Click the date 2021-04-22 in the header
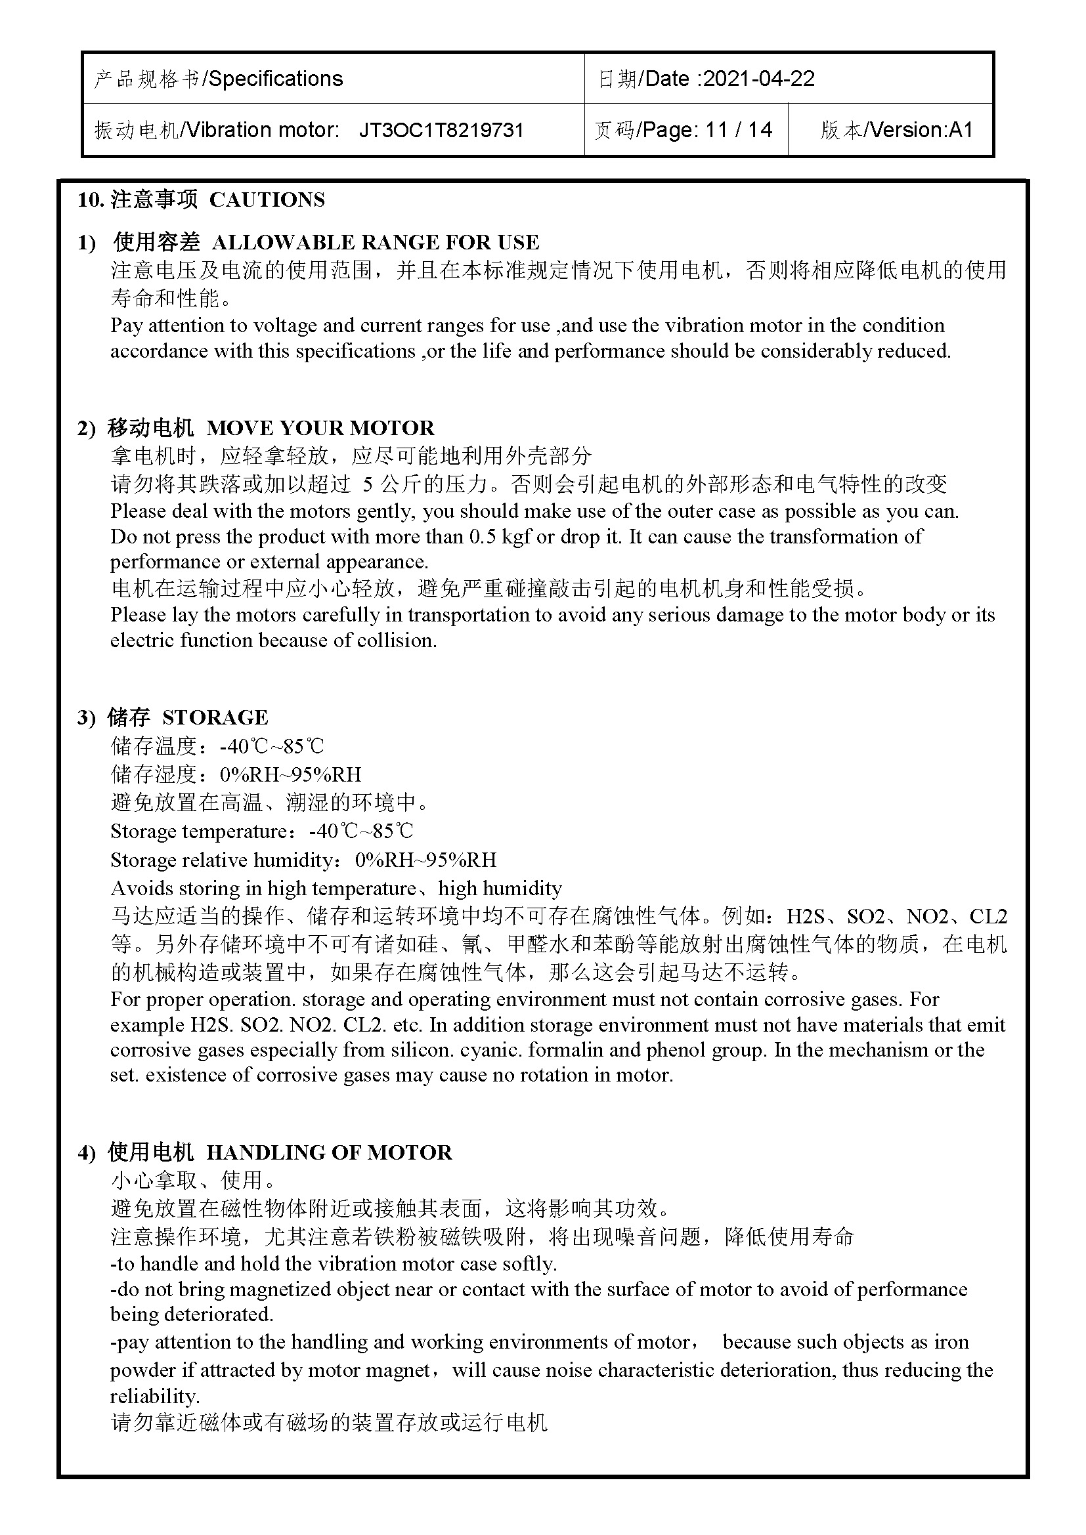point(759,79)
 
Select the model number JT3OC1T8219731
point(441,130)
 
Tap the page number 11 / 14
point(739,130)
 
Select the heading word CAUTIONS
point(267,200)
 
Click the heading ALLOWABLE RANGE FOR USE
point(375,242)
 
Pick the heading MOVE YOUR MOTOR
point(320,428)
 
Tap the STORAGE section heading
point(215,717)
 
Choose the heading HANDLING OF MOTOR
point(329,1152)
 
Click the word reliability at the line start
point(154,1396)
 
